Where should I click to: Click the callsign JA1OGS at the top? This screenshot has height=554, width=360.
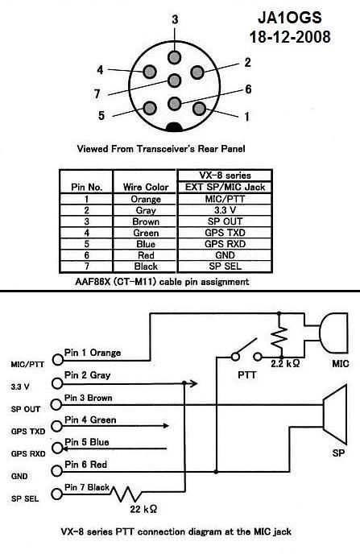coord(290,18)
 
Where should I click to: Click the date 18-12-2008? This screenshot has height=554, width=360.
coord(290,37)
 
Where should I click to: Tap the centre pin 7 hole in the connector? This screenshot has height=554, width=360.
coord(175,81)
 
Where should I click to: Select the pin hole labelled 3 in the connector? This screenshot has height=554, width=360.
coord(175,57)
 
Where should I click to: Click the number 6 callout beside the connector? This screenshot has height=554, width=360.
coord(248,89)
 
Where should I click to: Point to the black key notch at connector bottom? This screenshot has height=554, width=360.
coord(175,127)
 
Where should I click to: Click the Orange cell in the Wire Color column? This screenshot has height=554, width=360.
coord(146,199)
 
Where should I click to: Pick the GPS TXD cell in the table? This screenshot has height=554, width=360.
coord(225,233)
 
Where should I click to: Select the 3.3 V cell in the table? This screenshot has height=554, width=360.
coord(225,210)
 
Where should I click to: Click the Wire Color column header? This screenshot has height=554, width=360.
coord(146,187)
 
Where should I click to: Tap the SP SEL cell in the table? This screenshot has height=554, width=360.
coord(225,267)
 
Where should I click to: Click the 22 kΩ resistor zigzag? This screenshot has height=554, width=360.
coord(125,494)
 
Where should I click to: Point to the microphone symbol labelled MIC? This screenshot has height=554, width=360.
coord(333,332)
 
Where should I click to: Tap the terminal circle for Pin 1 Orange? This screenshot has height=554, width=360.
coord(58,360)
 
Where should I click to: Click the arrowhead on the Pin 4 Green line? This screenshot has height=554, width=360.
coord(166,426)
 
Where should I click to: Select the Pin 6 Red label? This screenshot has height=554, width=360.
coord(86,465)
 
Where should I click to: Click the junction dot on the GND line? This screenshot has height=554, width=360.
coord(216,472)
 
